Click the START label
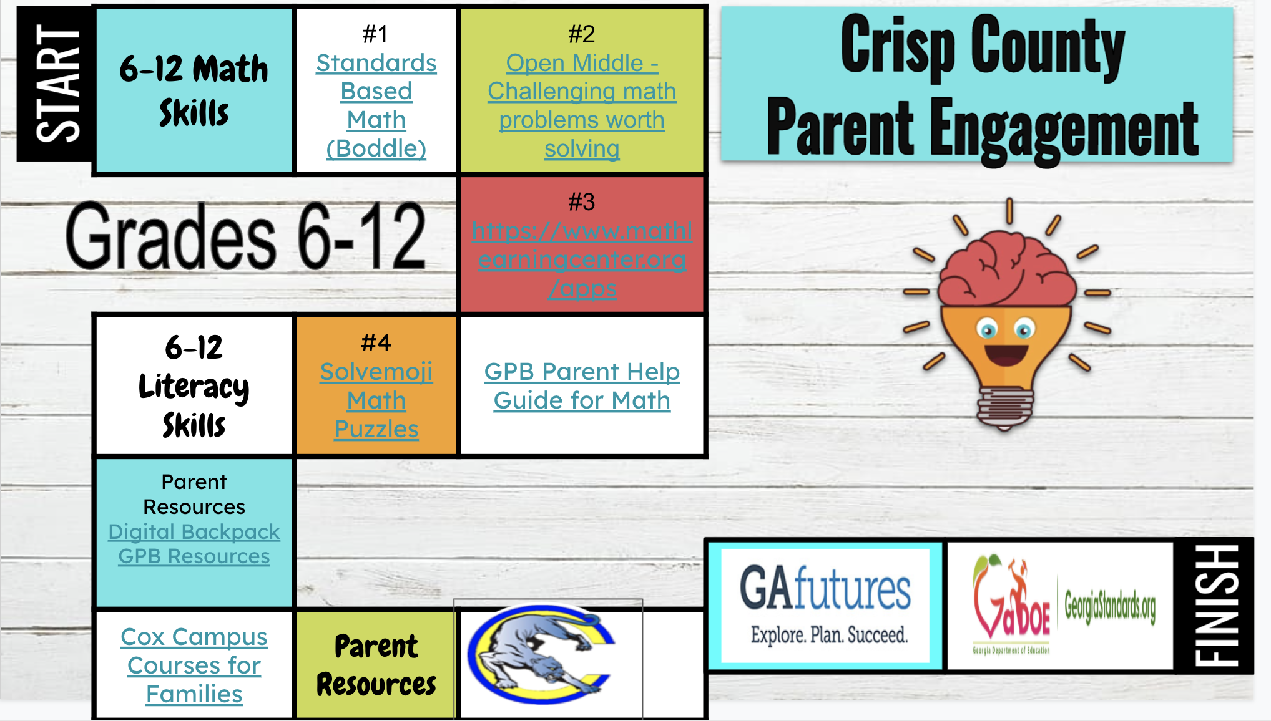click(x=57, y=84)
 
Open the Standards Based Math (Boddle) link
click(x=376, y=105)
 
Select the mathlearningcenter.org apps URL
click(x=582, y=259)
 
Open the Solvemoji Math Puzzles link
click(x=376, y=400)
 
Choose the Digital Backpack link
click(x=194, y=531)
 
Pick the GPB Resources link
click(x=194, y=556)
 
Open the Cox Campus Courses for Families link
click(x=194, y=665)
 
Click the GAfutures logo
click(x=825, y=604)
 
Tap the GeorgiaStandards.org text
click(x=1109, y=605)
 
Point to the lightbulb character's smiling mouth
click(x=1006, y=355)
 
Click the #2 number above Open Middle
click(x=581, y=34)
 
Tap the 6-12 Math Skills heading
click(x=194, y=90)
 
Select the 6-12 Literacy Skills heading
click(x=194, y=386)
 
